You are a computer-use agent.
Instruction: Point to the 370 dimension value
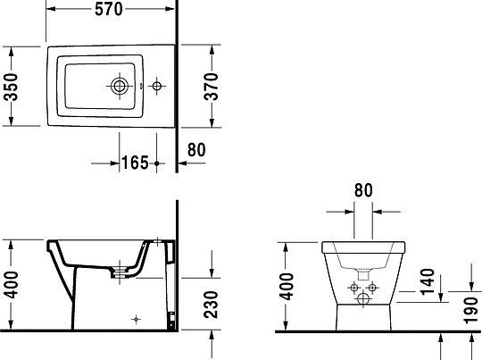(x=212, y=87)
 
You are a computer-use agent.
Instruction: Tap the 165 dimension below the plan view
(x=134, y=163)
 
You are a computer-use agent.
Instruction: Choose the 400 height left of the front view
(x=287, y=287)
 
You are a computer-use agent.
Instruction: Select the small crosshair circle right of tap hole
(x=157, y=87)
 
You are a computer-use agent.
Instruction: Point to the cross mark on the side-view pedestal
(x=136, y=317)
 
